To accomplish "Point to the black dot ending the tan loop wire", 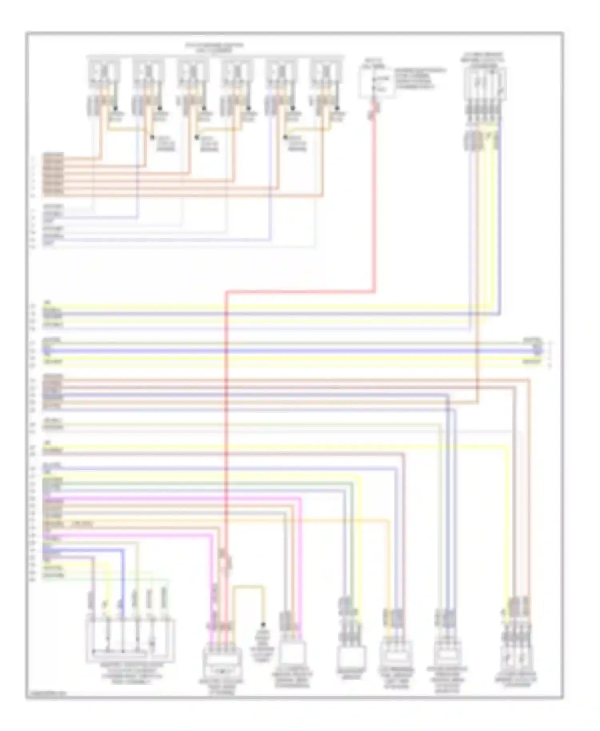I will [x=263, y=624].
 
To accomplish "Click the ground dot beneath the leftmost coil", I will [x=116, y=108].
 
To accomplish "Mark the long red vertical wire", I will [x=226, y=440].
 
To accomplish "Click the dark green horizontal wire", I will [x=200, y=483].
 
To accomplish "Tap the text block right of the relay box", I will [x=420, y=78].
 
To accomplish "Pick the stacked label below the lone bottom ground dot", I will [x=262, y=644].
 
